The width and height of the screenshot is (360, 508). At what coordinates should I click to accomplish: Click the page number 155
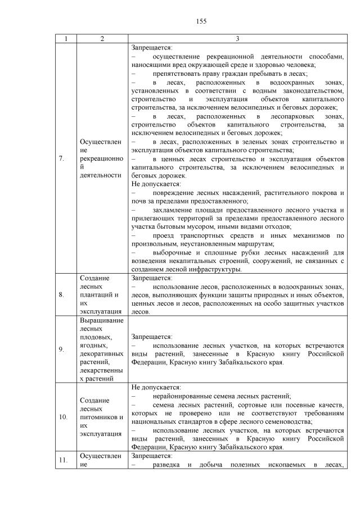tap(202, 21)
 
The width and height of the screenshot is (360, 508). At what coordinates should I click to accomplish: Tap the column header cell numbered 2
tap(102, 39)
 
